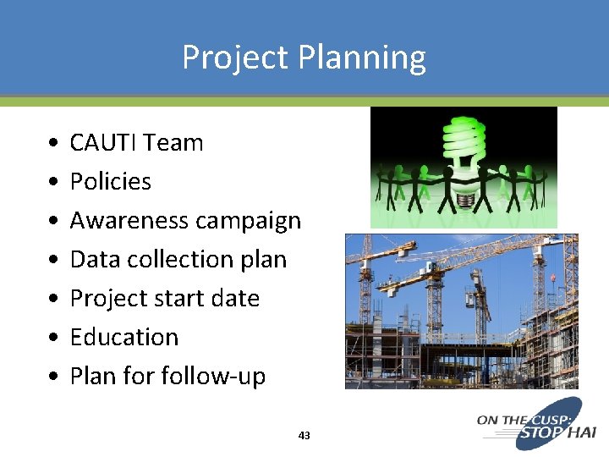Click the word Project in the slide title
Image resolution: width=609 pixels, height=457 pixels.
tap(236, 58)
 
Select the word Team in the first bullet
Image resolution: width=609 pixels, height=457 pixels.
tap(174, 143)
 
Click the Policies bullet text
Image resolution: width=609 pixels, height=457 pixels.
tap(110, 182)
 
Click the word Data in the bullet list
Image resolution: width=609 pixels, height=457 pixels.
tap(95, 260)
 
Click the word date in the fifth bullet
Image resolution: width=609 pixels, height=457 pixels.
tap(239, 299)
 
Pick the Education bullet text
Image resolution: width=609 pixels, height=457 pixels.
tap(123, 338)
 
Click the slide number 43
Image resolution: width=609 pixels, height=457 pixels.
tap(304, 436)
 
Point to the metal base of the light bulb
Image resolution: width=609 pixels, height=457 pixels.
tap(464, 200)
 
